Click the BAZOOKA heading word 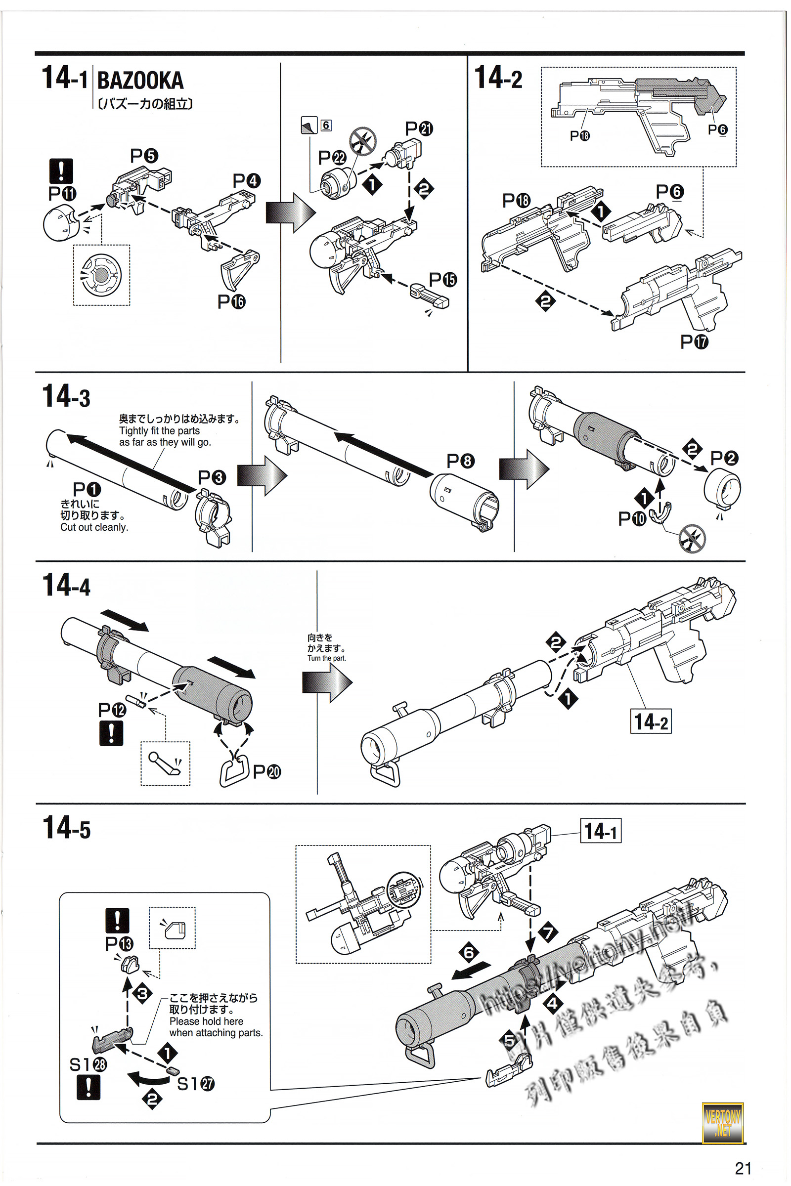coord(140,81)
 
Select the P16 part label coord(231,301)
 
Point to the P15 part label coord(442,279)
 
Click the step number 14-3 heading coord(66,396)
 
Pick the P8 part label coord(460,461)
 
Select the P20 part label coord(266,771)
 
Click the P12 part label coord(112,710)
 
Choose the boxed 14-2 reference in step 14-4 coord(651,721)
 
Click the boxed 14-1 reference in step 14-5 coord(600,831)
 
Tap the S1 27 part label coord(196,1084)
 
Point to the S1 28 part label coord(88,1064)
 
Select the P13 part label coord(119,944)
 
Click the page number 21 coord(743,1168)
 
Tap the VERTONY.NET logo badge coord(722,1123)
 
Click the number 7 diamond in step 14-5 coord(548,932)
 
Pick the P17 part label coord(694,342)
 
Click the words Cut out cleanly coord(94,527)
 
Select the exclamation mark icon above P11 coord(61,171)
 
